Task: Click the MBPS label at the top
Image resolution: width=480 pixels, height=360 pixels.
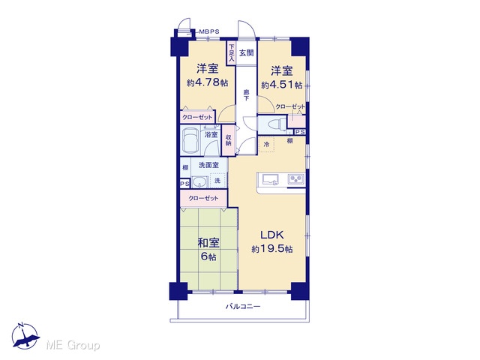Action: pos(209,31)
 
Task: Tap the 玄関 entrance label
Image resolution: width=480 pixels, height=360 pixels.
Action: pos(247,53)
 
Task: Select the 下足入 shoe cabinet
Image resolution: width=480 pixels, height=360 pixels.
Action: pos(231,53)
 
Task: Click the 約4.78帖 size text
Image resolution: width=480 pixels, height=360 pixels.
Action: pos(207,82)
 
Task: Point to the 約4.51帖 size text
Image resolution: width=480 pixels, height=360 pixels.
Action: pos(282,85)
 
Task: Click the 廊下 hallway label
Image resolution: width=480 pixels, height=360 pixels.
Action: pos(246,95)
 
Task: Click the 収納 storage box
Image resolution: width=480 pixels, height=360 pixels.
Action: pos(227,140)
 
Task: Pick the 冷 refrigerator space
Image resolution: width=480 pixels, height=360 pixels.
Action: pos(266,144)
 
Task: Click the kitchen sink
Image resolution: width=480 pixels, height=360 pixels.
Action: pos(269,178)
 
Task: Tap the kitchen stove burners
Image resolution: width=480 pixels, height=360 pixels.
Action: pos(296,179)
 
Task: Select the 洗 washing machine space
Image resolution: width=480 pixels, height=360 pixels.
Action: pos(217,181)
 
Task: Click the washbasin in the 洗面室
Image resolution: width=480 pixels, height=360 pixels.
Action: pos(200,181)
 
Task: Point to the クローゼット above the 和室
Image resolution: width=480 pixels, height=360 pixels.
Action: pos(203,198)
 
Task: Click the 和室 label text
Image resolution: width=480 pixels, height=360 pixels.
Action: pos(208,243)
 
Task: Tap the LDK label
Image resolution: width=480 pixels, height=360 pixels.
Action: pos(272,235)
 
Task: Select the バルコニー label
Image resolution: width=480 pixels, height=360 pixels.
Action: pos(243,306)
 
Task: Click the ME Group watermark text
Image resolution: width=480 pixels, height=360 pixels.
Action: pos(73,346)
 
